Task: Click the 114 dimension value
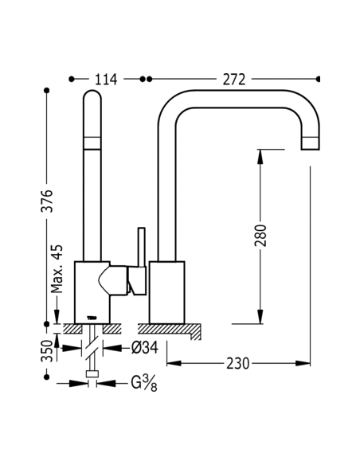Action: [x=106, y=80]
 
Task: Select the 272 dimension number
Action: [x=234, y=80]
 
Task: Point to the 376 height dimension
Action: [x=47, y=201]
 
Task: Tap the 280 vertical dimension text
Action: [x=260, y=236]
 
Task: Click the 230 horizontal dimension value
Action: [x=238, y=364]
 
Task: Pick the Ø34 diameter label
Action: [x=144, y=348]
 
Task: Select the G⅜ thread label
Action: [x=144, y=383]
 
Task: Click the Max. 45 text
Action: [x=57, y=268]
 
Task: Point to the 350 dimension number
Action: [x=47, y=351]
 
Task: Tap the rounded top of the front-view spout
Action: [x=92, y=94]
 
